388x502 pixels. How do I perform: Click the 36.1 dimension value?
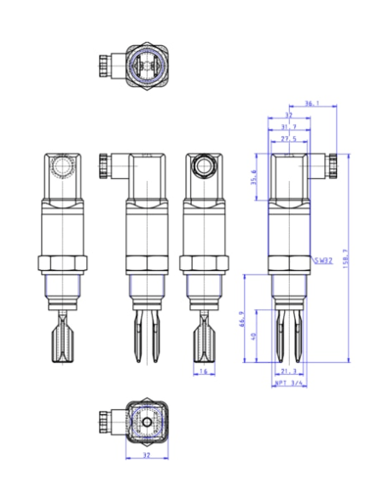pos(312,103)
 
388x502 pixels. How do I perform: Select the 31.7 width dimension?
pos(287,126)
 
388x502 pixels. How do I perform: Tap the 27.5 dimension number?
pos(288,138)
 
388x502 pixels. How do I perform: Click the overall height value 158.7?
pos(345,257)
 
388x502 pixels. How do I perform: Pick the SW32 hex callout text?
pos(321,260)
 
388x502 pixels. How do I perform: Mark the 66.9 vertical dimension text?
pos(243,318)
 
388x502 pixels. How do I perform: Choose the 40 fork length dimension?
pos(254,336)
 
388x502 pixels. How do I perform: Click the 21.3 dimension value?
pos(288,372)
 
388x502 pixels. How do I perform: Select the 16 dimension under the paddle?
pos(204,372)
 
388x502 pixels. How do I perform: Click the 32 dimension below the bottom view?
pos(148,455)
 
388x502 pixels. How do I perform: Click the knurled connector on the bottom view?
pos(107,421)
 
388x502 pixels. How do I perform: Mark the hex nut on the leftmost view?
pos(63,263)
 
